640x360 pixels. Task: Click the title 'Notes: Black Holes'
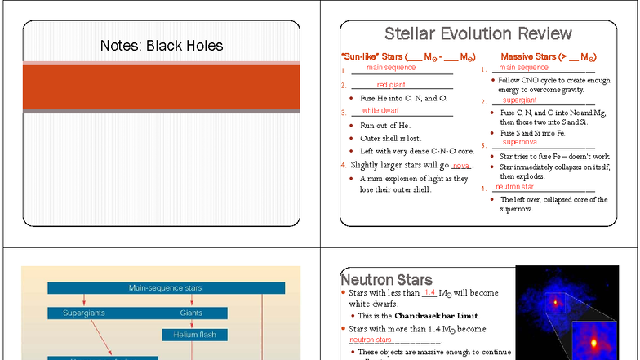coord(161,46)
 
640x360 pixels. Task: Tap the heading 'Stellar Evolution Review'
coord(478,33)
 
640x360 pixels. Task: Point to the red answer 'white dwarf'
coord(380,110)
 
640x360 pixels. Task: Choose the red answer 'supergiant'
coord(520,100)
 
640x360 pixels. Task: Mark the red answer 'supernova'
coord(520,141)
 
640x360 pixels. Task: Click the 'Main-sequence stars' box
coord(166,287)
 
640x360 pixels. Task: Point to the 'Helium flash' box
coord(194,335)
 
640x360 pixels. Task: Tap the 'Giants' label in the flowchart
coord(192,313)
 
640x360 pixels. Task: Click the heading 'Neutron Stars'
coord(386,280)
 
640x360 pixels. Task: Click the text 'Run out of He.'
coord(384,126)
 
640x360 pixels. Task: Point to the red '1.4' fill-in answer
coord(429,292)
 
